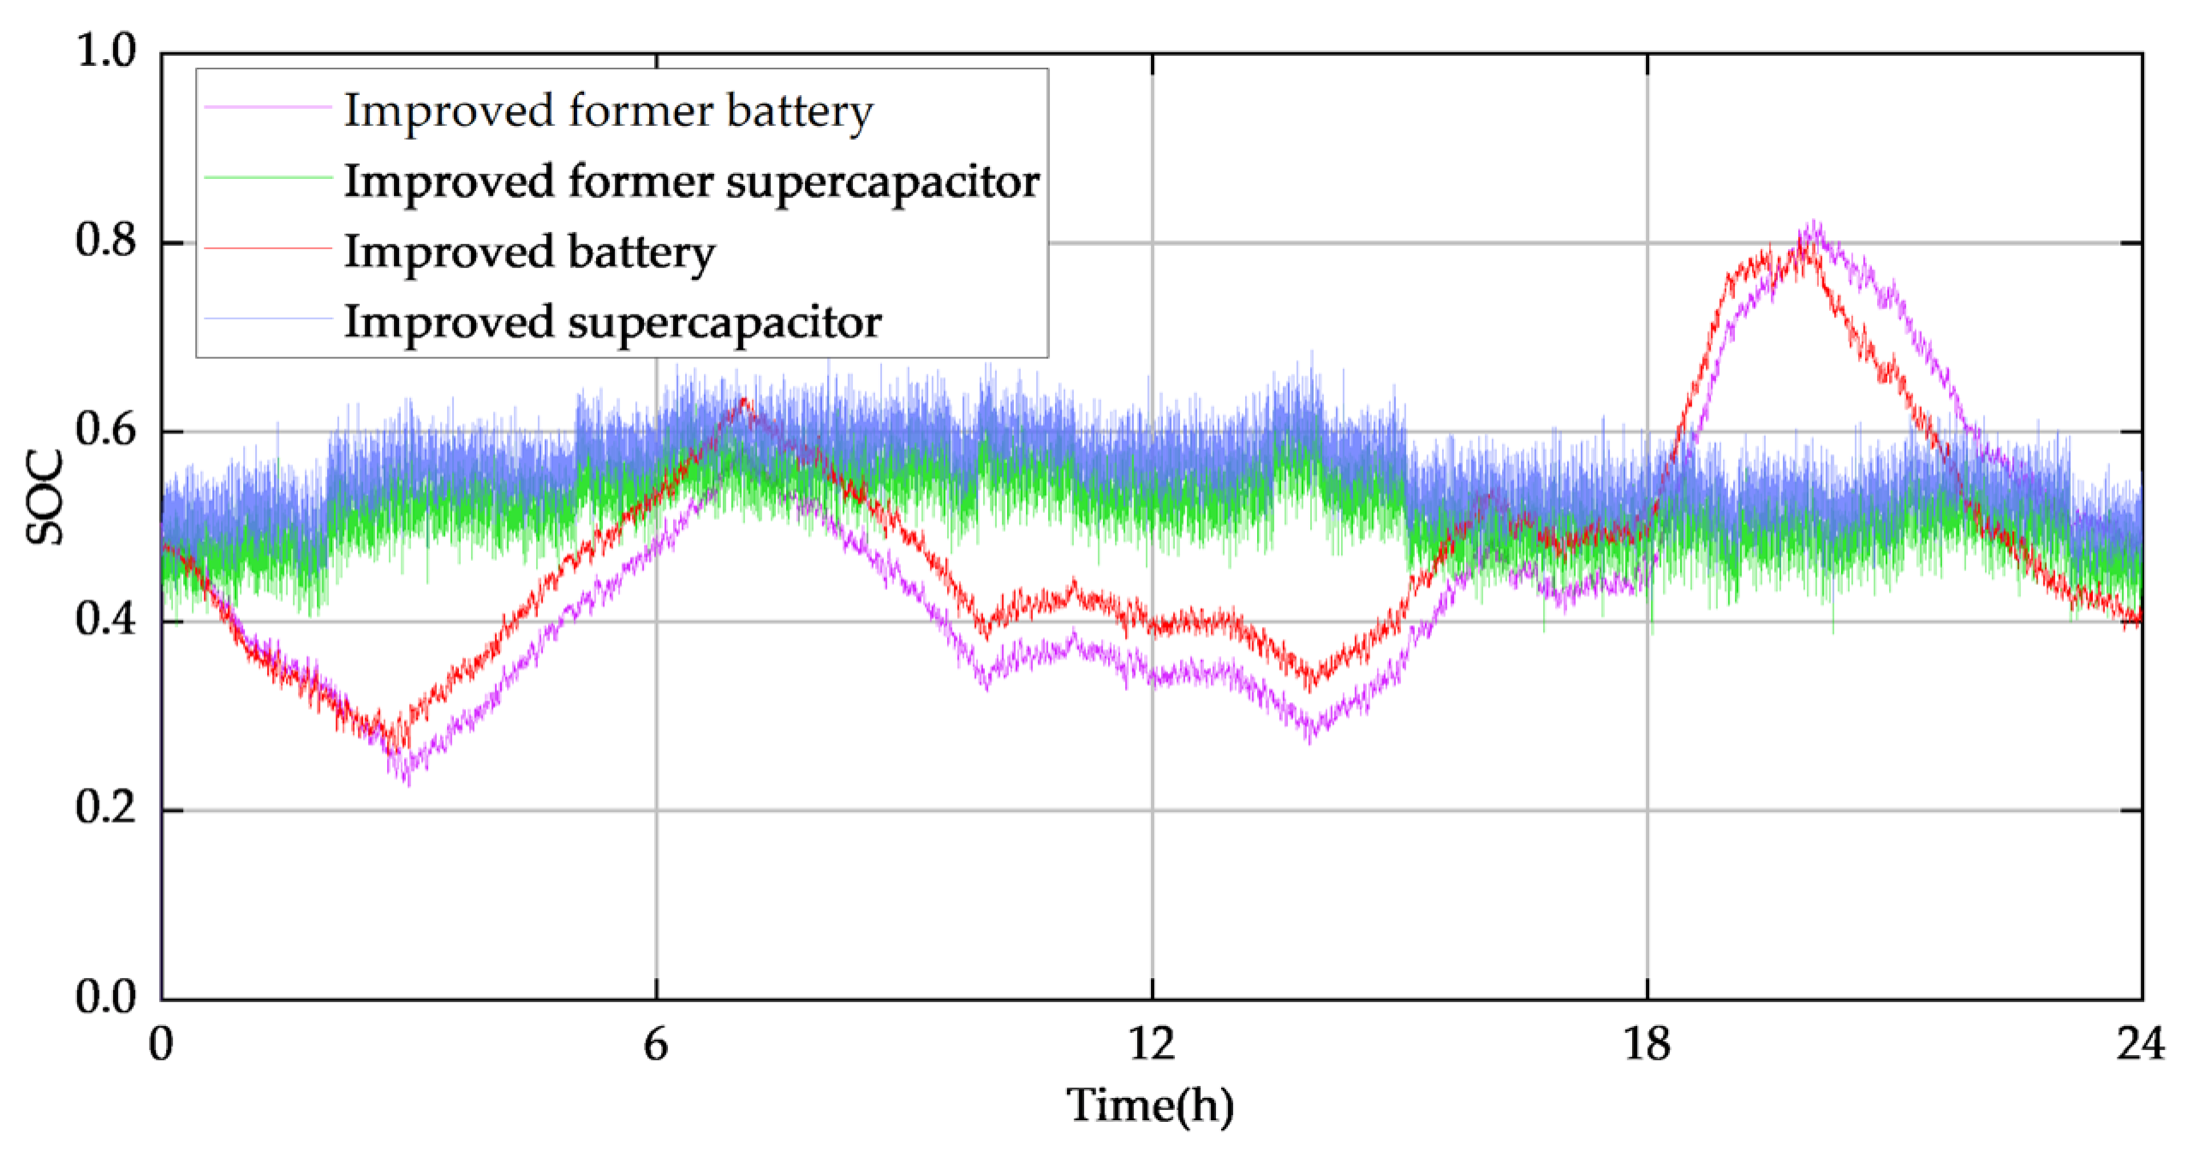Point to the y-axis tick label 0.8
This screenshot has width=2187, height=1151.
click(x=105, y=242)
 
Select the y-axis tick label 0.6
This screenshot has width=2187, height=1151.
click(x=105, y=431)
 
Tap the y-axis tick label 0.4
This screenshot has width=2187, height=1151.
click(x=105, y=620)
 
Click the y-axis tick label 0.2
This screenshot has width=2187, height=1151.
click(x=105, y=808)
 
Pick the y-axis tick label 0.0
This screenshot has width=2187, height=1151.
click(x=105, y=998)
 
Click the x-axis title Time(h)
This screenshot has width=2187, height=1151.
click(x=1150, y=1106)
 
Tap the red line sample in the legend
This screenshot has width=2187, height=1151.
click(x=267, y=249)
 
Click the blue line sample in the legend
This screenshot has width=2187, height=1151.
click(x=267, y=319)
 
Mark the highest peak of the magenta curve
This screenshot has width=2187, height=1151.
click(x=1813, y=224)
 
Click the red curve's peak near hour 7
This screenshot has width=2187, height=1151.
click(x=742, y=401)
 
